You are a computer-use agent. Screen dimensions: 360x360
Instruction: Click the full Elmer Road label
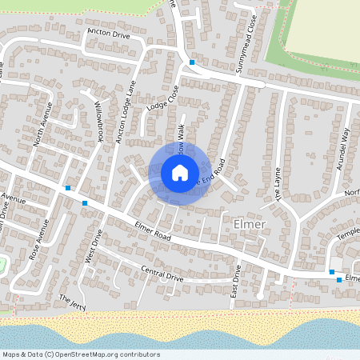tap(153, 232)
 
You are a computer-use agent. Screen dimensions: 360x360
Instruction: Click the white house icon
tap(179, 173)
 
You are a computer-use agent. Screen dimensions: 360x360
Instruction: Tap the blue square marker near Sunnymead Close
tap(192, 62)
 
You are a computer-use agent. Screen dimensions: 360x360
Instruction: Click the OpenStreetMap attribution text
tap(80, 354)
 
